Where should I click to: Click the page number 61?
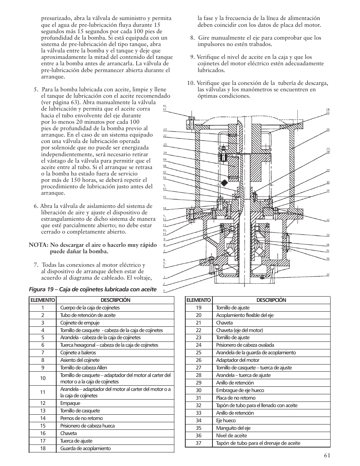click(327, 455)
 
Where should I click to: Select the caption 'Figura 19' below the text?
click(42, 289)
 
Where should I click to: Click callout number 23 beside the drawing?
click(165, 129)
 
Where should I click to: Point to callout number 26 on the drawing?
click(328, 129)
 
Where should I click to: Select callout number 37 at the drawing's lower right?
click(328, 274)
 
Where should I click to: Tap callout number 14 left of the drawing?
click(165, 208)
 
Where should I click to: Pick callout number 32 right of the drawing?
click(328, 220)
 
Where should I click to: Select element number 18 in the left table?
click(43, 448)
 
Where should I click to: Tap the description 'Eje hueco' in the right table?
click(226, 420)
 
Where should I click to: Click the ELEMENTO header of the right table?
click(198, 300)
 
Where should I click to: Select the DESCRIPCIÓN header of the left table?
click(115, 300)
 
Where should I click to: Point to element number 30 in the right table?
click(198, 390)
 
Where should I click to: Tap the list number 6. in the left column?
click(36, 206)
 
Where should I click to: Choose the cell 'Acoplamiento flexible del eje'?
click(245, 315)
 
